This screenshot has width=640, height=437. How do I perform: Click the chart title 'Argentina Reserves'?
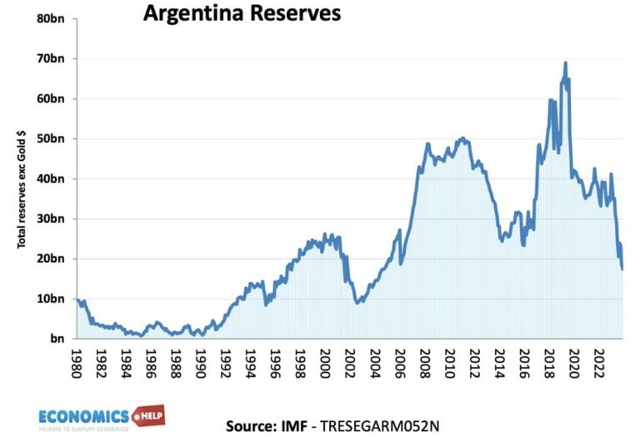pyautogui.click(x=230, y=14)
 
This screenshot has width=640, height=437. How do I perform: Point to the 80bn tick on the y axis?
pyautogui.click(x=52, y=18)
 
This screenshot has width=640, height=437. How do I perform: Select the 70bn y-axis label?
pyautogui.click(x=52, y=58)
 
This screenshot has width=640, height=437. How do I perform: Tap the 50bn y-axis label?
pyautogui.click(x=52, y=138)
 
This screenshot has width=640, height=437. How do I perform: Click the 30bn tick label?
pyautogui.click(x=52, y=218)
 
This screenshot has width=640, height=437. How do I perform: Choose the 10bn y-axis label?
pyautogui.click(x=52, y=299)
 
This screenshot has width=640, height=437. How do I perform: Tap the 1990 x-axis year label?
pyautogui.click(x=202, y=363)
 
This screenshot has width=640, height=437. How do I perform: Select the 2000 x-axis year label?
pyautogui.click(x=326, y=363)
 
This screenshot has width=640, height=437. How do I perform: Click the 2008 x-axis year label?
pyautogui.click(x=425, y=363)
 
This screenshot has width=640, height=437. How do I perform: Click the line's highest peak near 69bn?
pyautogui.click(x=566, y=63)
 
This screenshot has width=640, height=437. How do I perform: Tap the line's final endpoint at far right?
pyautogui.click(x=622, y=269)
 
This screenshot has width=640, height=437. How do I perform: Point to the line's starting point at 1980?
pyautogui.click(x=77, y=299)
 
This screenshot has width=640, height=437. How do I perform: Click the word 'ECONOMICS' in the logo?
pyautogui.click(x=84, y=414)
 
